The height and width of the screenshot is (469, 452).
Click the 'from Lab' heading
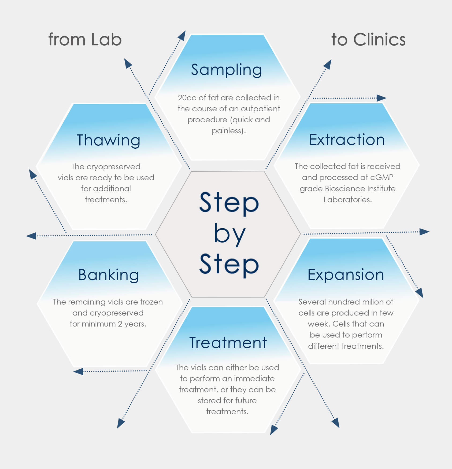[x=85, y=40]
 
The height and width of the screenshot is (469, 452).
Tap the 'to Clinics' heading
[x=368, y=40]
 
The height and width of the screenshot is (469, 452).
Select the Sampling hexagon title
[x=226, y=70]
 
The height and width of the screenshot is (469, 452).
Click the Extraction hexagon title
[x=347, y=140]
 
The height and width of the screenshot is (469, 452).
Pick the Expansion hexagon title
[x=346, y=275]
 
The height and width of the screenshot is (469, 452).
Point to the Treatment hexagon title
[x=228, y=343]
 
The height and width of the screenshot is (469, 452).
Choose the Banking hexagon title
[x=109, y=275]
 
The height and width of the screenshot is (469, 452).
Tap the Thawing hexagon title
[x=108, y=140]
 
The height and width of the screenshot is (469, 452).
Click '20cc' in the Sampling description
[x=187, y=98]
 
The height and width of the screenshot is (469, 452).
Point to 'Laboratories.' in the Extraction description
[x=347, y=200]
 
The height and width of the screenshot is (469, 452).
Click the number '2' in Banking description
[x=120, y=324]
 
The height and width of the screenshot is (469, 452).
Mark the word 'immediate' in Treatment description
[x=254, y=379]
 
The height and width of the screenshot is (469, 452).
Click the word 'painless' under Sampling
[x=227, y=131]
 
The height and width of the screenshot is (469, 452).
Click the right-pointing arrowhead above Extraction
[x=381, y=98]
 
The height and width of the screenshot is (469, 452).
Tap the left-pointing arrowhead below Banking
[x=78, y=372]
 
